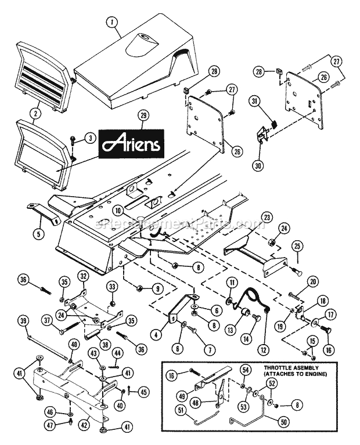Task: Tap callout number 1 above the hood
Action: (112, 23)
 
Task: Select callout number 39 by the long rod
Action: (23, 323)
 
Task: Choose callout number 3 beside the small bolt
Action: (90, 138)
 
